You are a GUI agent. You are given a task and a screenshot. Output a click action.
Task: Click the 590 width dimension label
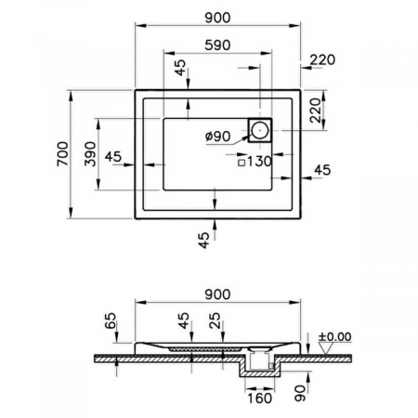tap(217, 46)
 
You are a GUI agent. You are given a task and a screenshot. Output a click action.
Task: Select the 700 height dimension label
tap(62, 154)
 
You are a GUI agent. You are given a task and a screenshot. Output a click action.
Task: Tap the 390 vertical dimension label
tap(90, 154)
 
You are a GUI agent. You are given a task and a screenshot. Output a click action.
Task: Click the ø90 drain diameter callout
tap(218, 136)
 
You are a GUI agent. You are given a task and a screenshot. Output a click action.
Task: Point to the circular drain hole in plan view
tap(259, 130)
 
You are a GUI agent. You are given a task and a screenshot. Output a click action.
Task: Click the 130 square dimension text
tap(259, 162)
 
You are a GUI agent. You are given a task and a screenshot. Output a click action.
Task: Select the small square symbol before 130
tap(242, 163)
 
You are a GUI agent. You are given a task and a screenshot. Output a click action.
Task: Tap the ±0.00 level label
tap(335, 336)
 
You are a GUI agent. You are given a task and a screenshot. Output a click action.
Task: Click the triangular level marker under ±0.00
tap(326, 349)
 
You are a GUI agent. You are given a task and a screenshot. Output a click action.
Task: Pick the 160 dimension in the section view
tap(260, 398)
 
